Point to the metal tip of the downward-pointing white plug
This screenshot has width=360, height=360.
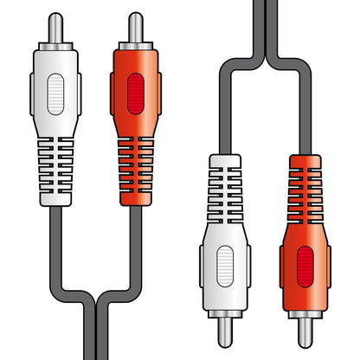(x=224, y=334)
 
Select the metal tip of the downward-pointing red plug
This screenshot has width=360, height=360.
(x=304, y=334)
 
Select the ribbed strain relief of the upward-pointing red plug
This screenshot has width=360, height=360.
(x=135, y=170)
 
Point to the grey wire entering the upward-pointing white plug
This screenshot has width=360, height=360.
(x=55, y=234)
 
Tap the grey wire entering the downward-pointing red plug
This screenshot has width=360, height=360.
(x=304, y=121)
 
